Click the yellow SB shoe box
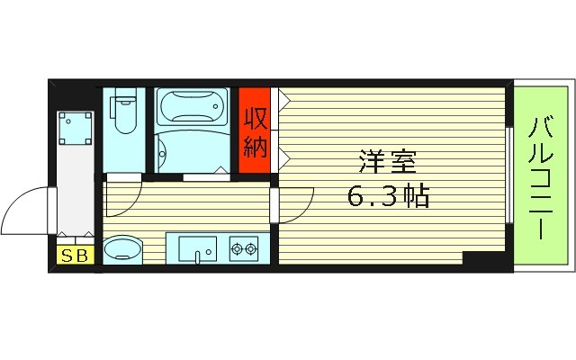[x=75, y=256]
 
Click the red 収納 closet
[x=255, y=133]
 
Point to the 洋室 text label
[x=388, y=164]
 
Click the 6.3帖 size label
[x=388, y=195]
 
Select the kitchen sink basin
[x=195, y=247]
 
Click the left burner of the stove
[x=238, y=247]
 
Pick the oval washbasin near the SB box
[x=122, y=249]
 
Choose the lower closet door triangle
[x=283, y=157]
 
